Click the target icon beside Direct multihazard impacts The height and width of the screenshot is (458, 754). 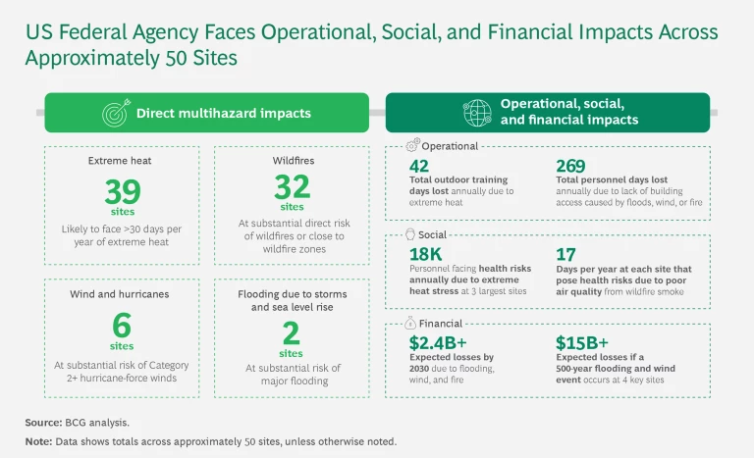(x=115, y=113)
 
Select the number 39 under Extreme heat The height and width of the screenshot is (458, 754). (x=123, y=192)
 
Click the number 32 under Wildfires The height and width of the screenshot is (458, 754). (x=293, y=186)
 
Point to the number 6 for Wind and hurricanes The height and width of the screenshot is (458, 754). (x=123, y=325)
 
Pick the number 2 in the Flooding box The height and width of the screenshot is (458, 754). (x=292, y=331)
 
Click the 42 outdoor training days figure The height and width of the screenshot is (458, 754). (x=419, y=166)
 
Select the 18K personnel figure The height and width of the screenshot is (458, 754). (x=425, y=254)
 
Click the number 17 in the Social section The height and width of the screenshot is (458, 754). (x=565, y=254)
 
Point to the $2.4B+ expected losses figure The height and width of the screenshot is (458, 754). (x=437, y=343)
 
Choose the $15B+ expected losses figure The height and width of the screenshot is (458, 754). (x=580, y=343)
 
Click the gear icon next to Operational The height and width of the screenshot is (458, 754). (x=411, y=146)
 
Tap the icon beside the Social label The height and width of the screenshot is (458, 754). (x=411, y=234)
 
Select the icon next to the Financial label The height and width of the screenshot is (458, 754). (x=411, y=324)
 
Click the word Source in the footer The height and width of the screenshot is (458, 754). (x=44, y=423)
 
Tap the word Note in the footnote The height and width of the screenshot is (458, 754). (x=38, y=441)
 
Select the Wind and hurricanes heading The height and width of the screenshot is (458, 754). (x=123, y=293)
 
